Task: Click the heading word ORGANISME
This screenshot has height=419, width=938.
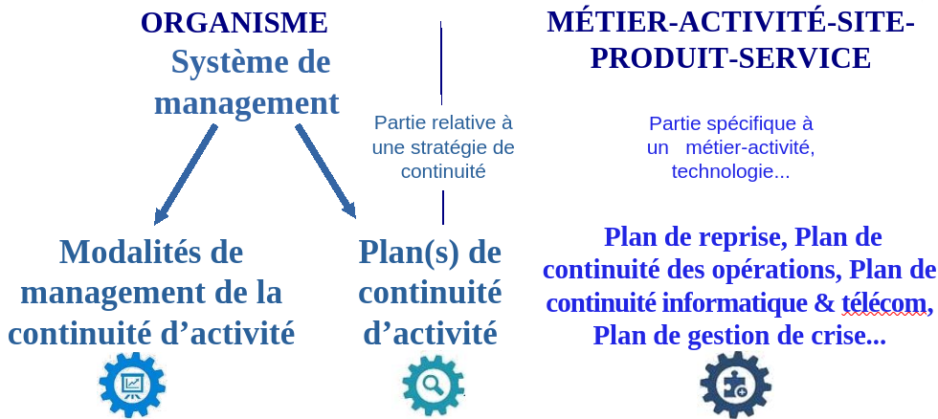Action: click(234, 23)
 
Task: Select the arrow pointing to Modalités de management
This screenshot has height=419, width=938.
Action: click(185, 174)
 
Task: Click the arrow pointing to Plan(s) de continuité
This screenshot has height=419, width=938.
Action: click(326, 171)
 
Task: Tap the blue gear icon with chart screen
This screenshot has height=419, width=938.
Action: click(132, 385)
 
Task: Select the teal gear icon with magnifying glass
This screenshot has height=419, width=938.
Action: click(433, 385)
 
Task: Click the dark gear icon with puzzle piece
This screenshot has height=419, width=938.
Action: click(735, 385)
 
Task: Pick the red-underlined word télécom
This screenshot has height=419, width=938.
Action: click(884, 303)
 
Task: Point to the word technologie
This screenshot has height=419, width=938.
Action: click(722, 172)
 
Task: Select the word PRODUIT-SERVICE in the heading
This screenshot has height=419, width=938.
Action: click(730, 58)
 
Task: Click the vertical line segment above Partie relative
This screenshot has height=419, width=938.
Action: click(441, 63)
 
